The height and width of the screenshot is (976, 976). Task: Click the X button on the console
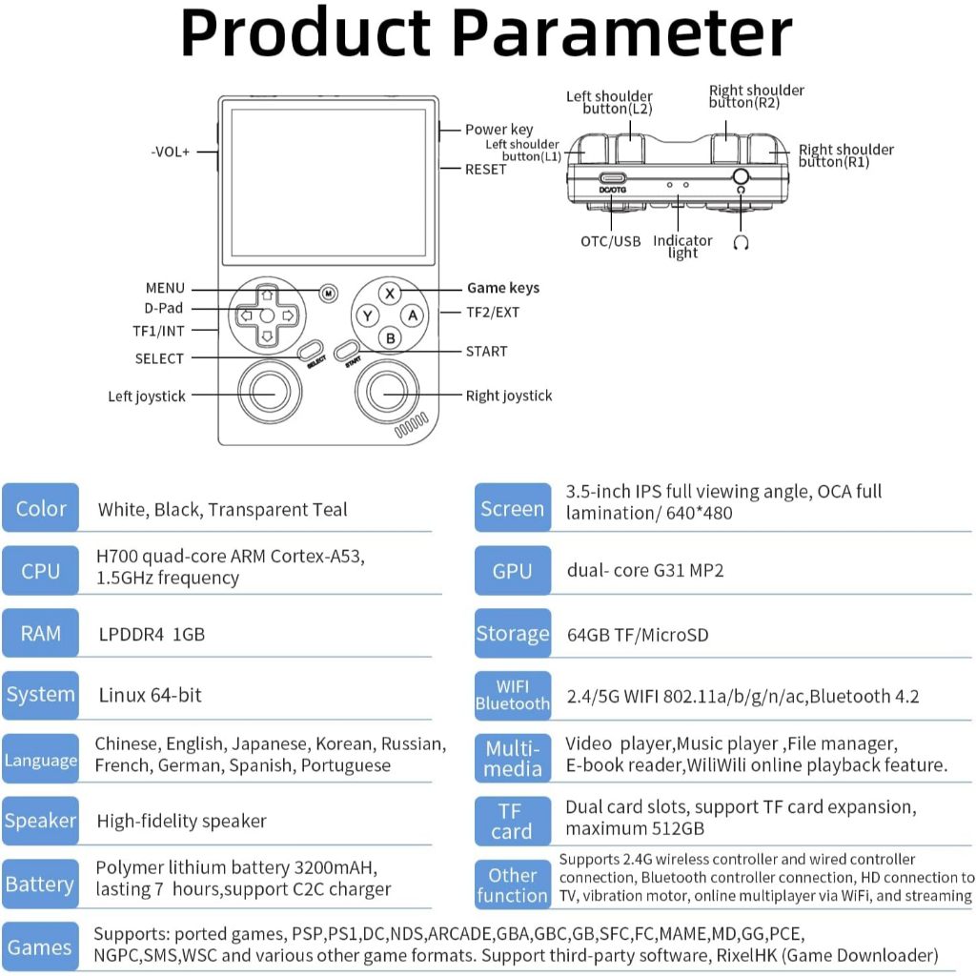390,293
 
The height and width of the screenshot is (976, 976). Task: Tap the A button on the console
412,315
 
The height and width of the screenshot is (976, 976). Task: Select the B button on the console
390,337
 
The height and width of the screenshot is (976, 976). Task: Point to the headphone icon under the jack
741,242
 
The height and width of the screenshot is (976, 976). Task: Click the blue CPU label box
41,571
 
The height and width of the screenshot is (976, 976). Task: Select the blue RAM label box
41,634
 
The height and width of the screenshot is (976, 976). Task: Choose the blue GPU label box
513,571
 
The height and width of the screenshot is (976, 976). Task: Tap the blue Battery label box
40,884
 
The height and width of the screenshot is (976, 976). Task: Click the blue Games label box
40,947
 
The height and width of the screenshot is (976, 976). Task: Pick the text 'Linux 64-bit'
151,695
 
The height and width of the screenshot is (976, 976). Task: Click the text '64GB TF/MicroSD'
638,635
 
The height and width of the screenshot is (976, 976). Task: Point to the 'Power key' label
498,130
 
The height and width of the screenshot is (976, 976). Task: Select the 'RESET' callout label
486,170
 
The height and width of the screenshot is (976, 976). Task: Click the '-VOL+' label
171,152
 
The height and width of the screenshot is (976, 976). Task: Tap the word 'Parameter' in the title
621,32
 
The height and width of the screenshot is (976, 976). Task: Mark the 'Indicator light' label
682,247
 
